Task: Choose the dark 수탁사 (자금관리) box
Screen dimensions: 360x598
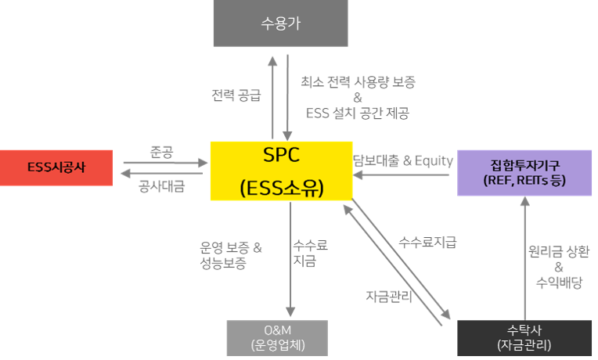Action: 524,337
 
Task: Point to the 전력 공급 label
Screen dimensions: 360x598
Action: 236,95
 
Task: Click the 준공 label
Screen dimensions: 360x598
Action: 160,151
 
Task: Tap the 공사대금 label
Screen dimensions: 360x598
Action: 161,186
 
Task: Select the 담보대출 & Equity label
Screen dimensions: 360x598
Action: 403,160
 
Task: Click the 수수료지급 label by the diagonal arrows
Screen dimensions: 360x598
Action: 427,242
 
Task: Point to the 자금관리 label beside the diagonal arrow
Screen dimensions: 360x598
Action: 387,296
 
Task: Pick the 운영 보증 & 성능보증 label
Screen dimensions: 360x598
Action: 232,255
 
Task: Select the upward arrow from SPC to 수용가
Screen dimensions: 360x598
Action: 273,95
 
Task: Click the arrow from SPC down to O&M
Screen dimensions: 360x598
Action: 290,257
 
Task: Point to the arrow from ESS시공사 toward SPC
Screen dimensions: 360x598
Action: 164,163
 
